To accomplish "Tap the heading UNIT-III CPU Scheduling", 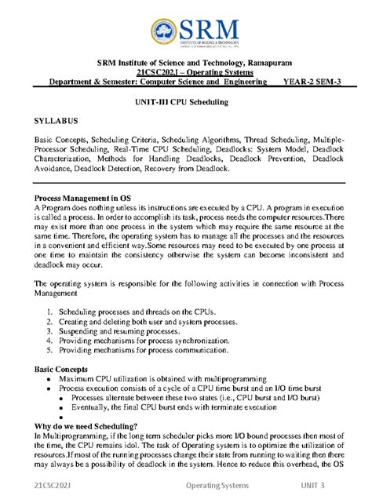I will coord(186,104).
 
